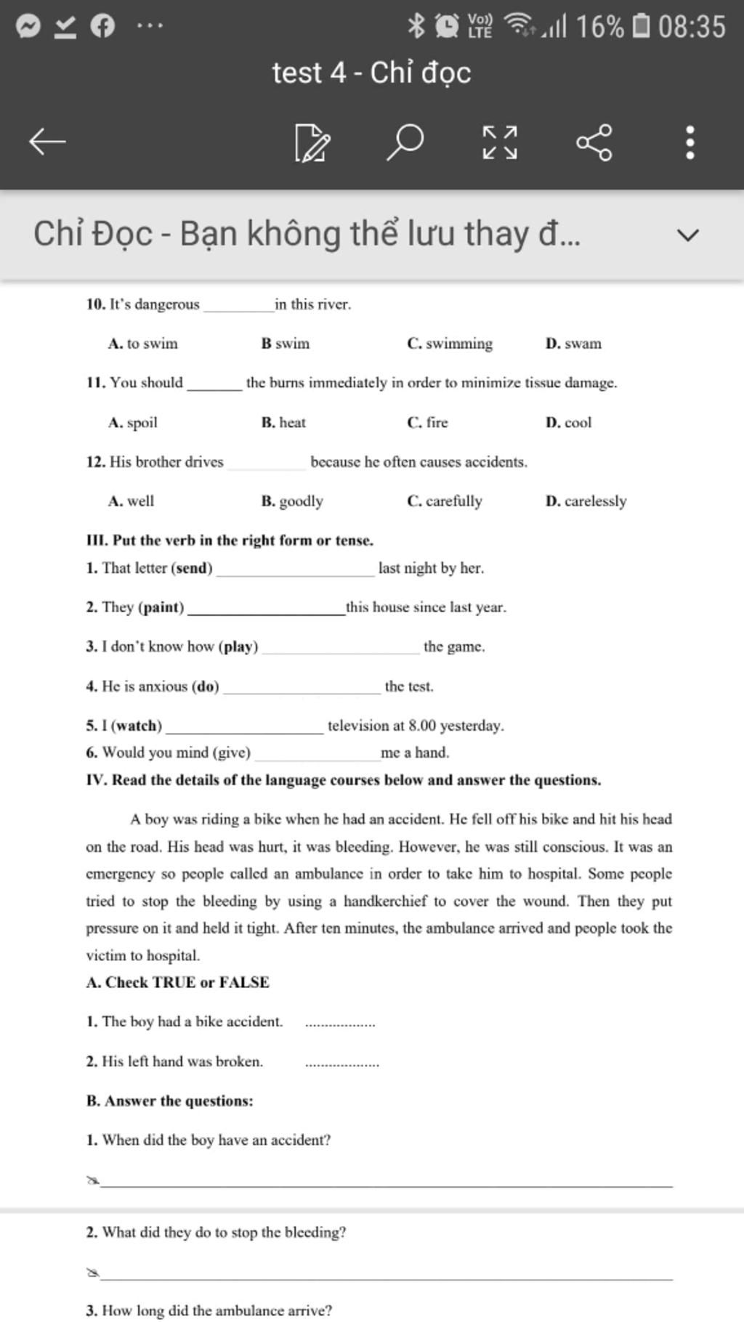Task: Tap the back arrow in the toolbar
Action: [47, 141]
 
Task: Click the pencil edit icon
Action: [312, 142]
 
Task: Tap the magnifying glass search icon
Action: [405, 141]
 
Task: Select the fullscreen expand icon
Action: [501, 142]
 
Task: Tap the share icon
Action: [594, 142]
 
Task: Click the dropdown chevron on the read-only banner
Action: [687, 235]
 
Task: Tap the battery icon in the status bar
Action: [641, 26]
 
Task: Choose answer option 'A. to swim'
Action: [143, 344]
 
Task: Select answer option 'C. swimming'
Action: [450, 344]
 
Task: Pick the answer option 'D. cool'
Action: [569, 422]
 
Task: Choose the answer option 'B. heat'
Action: [283, 422]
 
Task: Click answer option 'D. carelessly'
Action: [586, 500]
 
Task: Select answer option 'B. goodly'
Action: [292, 500]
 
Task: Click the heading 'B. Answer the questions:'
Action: [169, 1100]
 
